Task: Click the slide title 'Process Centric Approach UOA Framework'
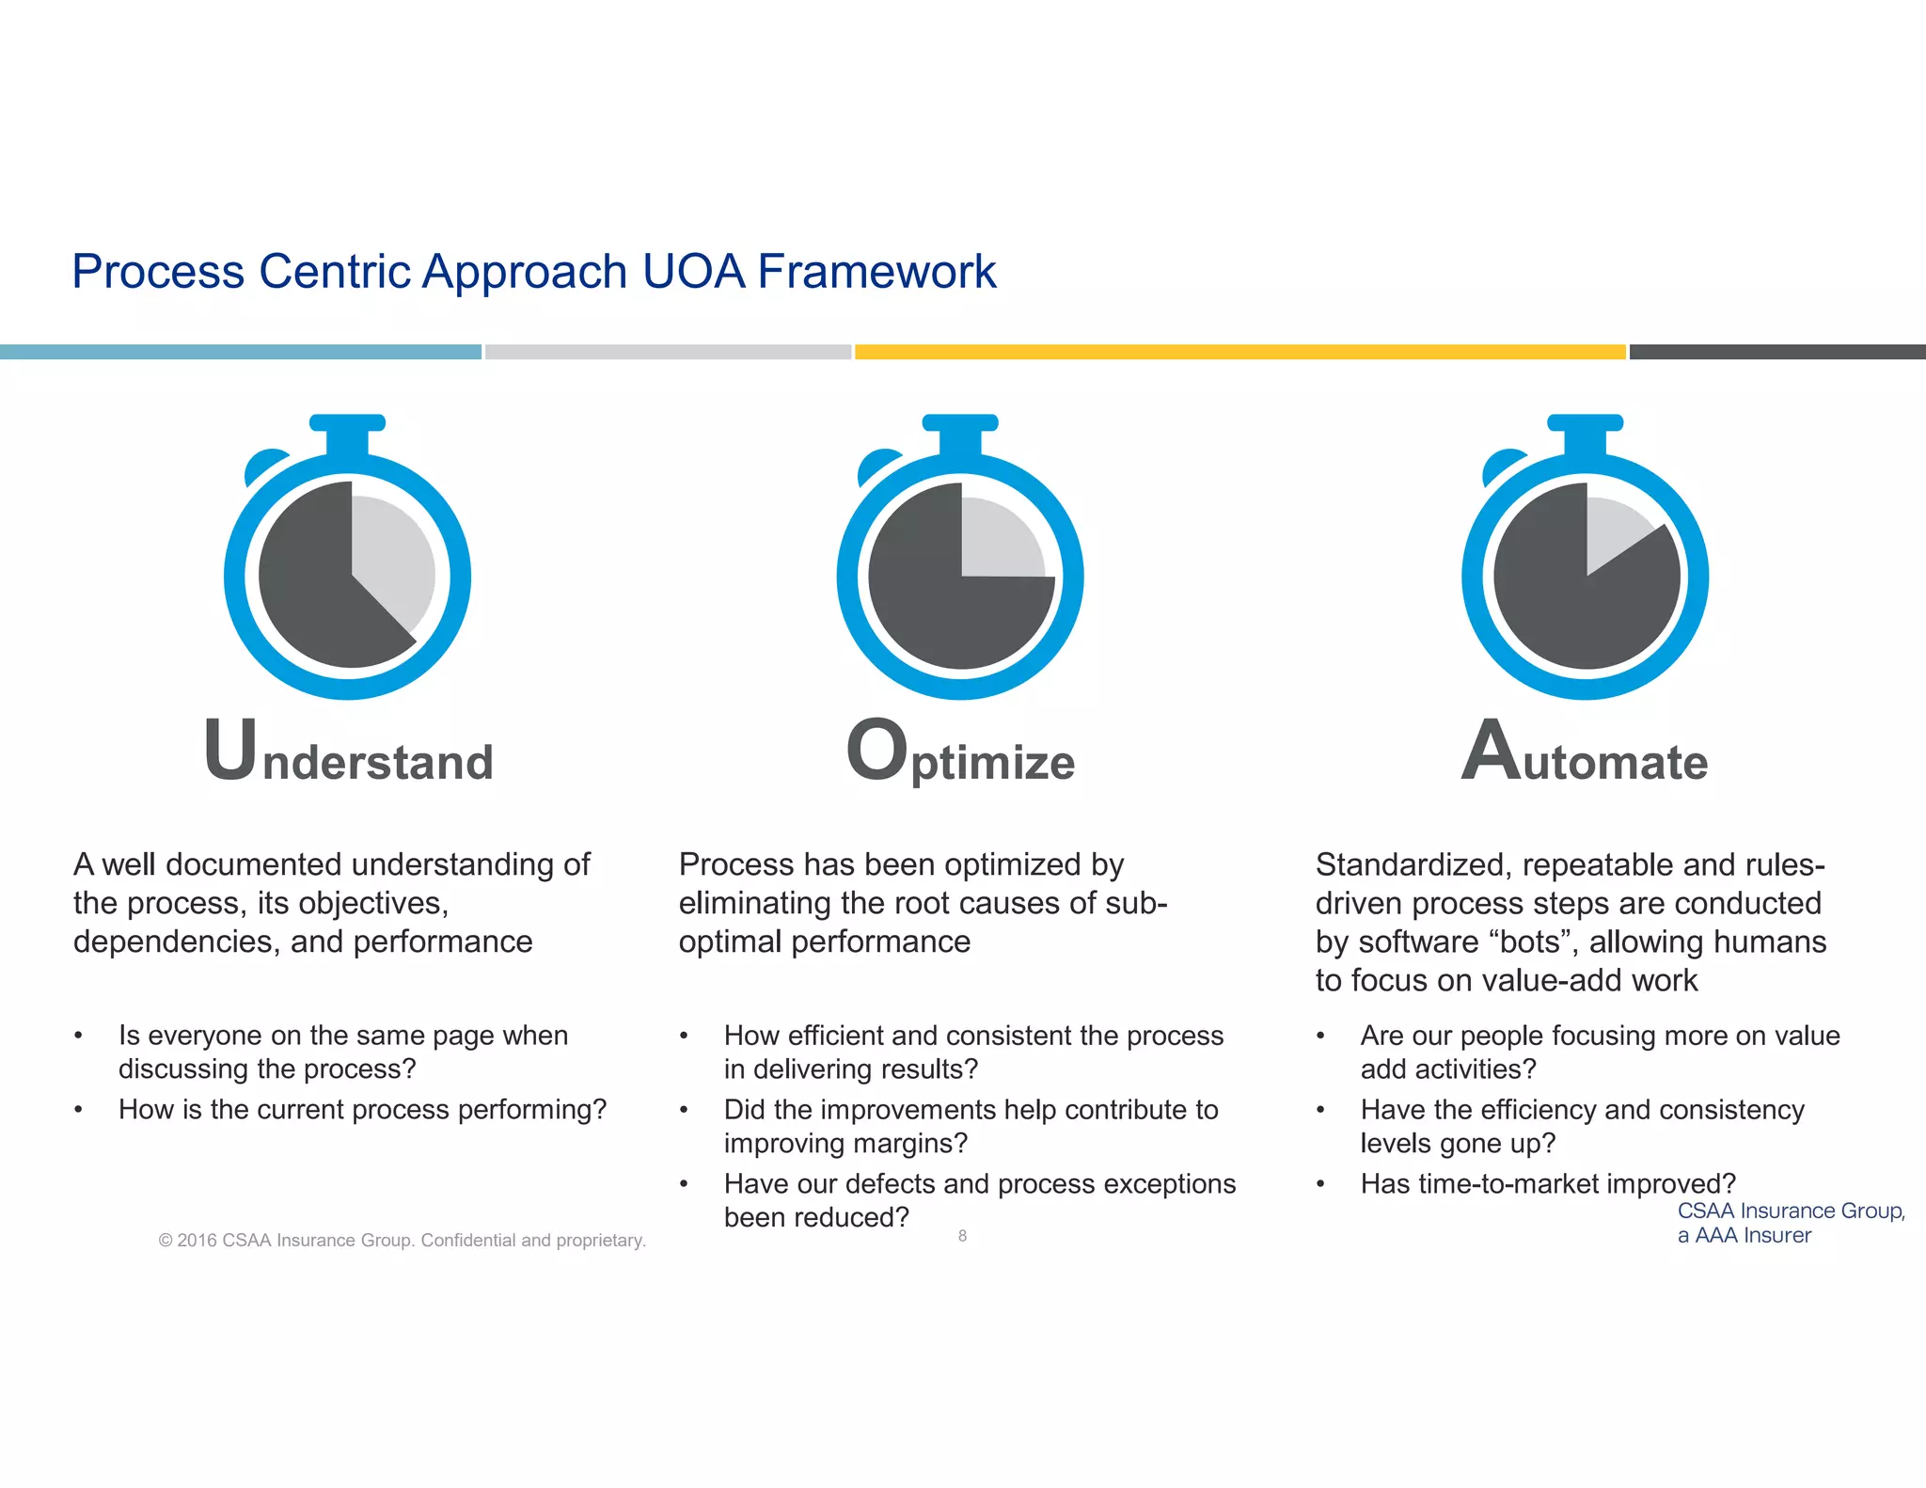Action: click(533, 272)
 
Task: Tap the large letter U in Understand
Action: click(229, 750)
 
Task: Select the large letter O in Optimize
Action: click(876, 750)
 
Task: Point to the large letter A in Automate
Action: click(1491, 750)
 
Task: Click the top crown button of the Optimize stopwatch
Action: click(960, 424)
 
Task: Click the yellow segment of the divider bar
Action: click(1239, 352)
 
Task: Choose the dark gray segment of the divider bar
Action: click(1776, 352)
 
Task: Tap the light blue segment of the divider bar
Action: click(240, 352)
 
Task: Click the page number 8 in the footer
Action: click(962, 1236)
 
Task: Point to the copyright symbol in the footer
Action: click(166, 1241)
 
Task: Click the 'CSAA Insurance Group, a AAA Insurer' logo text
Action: click(1790, 1223)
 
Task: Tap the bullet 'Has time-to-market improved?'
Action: click(1547, 1183)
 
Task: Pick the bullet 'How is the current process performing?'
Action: click(362, 1110)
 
